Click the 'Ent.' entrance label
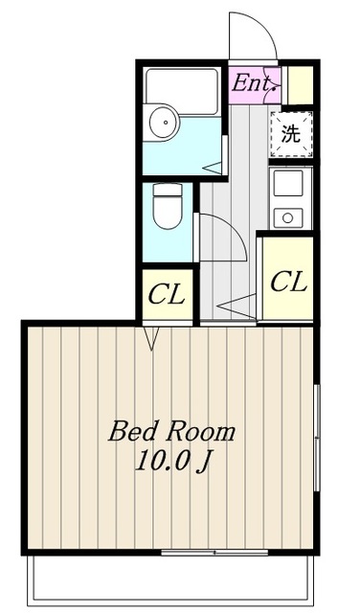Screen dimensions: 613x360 click(x=254, y=83)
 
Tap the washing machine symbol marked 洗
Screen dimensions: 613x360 click(x=290, y=133)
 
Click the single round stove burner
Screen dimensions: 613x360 click(x=285, y=217)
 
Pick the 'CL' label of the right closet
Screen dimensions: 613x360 click(x=286, y=282)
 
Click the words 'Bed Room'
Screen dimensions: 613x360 click(x=171, y=431)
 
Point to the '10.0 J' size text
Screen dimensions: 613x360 click(x=171, y=463)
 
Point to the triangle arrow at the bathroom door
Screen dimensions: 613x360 click(x=213, y=168)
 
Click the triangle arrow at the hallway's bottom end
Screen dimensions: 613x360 click(x=236, y=309)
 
